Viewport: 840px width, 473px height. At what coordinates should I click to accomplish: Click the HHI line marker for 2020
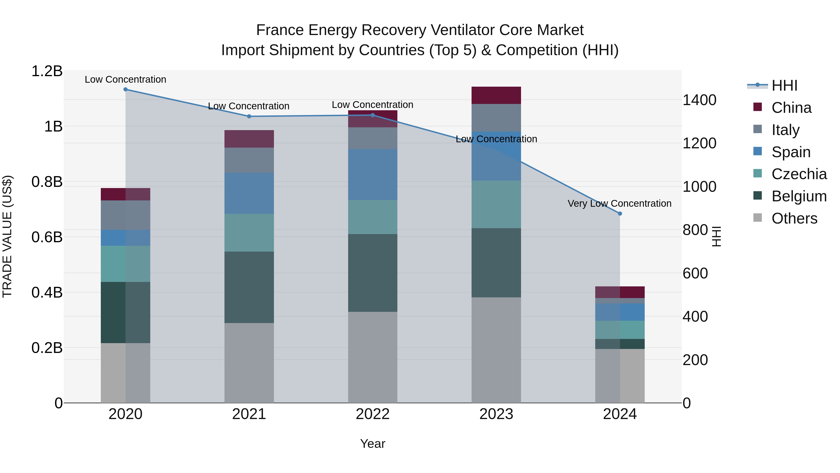pos(126,89)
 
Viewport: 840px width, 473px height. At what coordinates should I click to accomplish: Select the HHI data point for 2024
pos(620,214)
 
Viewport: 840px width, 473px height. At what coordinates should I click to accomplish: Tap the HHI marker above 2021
pos(249,117)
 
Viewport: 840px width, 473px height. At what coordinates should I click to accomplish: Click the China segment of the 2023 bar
pos(496,95)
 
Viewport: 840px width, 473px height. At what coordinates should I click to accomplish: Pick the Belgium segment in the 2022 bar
pos(373,273)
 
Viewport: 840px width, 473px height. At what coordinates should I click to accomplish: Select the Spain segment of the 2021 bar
pos(249,193)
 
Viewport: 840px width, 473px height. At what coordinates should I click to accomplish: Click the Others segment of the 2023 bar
pos(496,350)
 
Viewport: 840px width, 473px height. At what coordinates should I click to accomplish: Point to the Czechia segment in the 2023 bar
pos(496,204)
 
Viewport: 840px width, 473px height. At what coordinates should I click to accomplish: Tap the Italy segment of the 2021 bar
pos(249,160)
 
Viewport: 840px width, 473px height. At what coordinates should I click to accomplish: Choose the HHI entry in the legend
pos(784,85)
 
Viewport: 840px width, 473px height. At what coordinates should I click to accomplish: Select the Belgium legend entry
pos(799,196)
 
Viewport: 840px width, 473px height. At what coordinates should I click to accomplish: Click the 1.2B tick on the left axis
pos(47,71)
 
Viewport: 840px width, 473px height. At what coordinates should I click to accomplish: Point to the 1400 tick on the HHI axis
pos(700,100)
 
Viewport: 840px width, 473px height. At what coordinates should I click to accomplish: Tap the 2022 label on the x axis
pos(373,414)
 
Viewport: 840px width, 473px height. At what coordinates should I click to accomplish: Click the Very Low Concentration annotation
pos(619,203)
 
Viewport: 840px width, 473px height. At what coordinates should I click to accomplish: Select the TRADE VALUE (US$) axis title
pos(7,236)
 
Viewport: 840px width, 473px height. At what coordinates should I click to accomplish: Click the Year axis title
pos(373,444)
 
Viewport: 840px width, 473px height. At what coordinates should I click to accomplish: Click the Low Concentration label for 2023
pos(496,139)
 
